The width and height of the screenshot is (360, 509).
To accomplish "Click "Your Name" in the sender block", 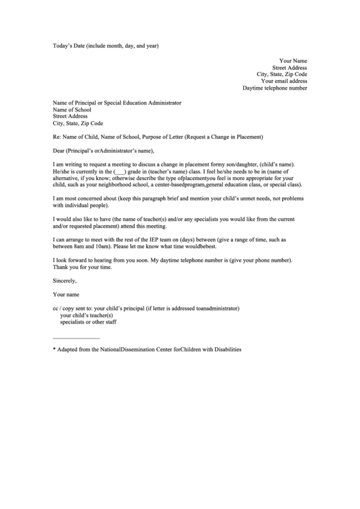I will [x=293, y=60].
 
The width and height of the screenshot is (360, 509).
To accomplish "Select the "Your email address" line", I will [x=284, y=81].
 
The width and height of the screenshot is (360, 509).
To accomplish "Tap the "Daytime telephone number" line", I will [x=274, y=88].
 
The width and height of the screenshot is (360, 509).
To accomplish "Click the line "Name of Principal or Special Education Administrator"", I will [x=117, y=103].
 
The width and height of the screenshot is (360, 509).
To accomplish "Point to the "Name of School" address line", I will [x=76, y=109].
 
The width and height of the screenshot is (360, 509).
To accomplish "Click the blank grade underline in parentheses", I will [x=118, y=172].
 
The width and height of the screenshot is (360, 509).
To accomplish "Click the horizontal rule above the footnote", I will [x=76, y=338].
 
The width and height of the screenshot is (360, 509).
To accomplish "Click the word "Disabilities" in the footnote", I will [x=225, y=349].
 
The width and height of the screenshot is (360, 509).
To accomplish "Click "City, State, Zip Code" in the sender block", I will [x=281, y=74].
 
